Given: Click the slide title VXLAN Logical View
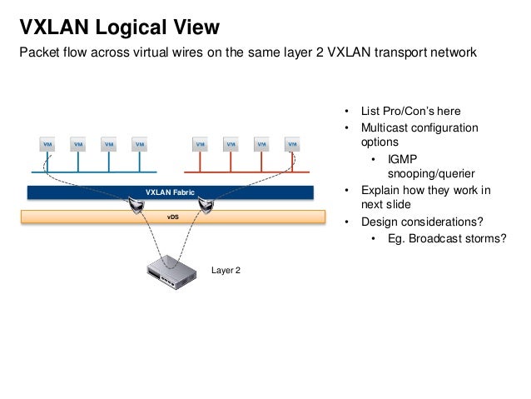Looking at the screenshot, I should [120, 27].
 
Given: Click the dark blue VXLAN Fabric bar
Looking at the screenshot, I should [170, 192].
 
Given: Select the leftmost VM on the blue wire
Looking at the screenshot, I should [47, 144].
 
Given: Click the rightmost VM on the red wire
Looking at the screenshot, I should [292, 144].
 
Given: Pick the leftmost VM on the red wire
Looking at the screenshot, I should [201, 144].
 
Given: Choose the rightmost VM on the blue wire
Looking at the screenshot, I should [139, 144].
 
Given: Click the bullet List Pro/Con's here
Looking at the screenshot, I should [410, 112].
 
